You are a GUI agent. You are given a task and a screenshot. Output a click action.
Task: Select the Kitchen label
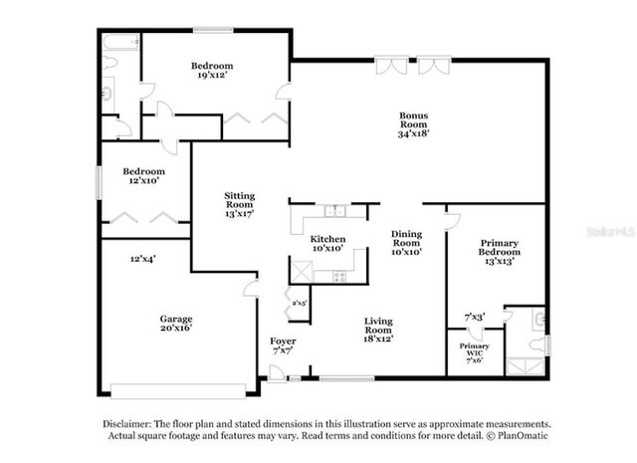point(327,239)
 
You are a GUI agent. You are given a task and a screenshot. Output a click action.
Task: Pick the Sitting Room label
point(240,202)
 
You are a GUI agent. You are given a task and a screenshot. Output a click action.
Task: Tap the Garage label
point(176,320)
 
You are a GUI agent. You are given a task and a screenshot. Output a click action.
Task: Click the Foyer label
point(283,341)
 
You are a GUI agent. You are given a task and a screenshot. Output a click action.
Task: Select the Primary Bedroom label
point(500,248)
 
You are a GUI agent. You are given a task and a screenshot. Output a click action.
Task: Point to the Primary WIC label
point(474,348)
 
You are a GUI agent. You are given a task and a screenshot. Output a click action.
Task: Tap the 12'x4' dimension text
point(142,259)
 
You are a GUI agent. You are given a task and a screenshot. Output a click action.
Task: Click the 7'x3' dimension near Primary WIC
point(475,318)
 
